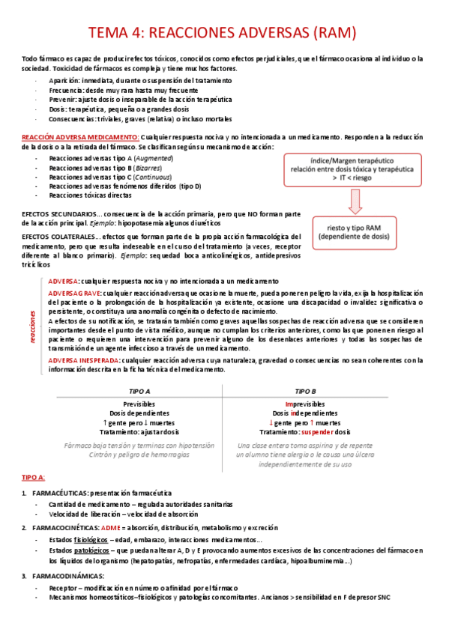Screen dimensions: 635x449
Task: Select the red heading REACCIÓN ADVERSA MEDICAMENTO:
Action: point(80,137)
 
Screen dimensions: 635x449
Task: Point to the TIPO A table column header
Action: point(139,392)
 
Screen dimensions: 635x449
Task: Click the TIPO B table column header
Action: point(306,392)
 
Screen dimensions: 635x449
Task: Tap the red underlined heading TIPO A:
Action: point(34,477)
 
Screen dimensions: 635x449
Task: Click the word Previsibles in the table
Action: point(139,404)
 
